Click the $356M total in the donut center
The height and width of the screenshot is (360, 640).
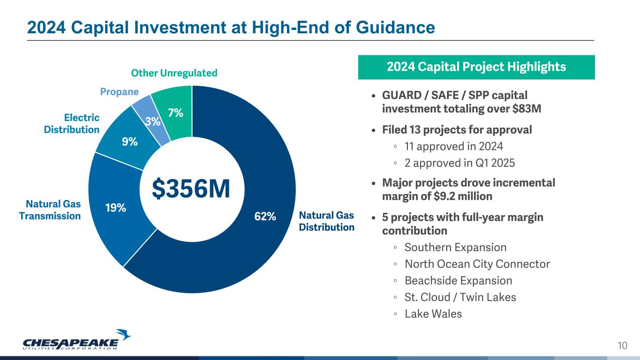[x=191, y=189]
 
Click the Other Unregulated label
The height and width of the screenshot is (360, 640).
[x=174, y=73]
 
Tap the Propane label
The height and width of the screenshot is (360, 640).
[x=119, y=92]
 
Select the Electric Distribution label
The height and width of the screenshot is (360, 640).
[x=72, y=124]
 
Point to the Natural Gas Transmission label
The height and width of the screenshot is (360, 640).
[x=50, y=210]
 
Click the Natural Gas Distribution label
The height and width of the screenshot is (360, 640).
[x=326, y=221]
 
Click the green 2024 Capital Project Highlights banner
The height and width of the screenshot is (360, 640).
[x=476, y=67]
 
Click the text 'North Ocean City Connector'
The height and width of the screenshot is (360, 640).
[x=477, y=264]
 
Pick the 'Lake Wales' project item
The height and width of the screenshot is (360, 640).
[x=433, y=314]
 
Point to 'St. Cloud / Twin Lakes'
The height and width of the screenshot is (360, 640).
[x=460, y=297]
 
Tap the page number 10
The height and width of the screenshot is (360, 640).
[x=622, y=346]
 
